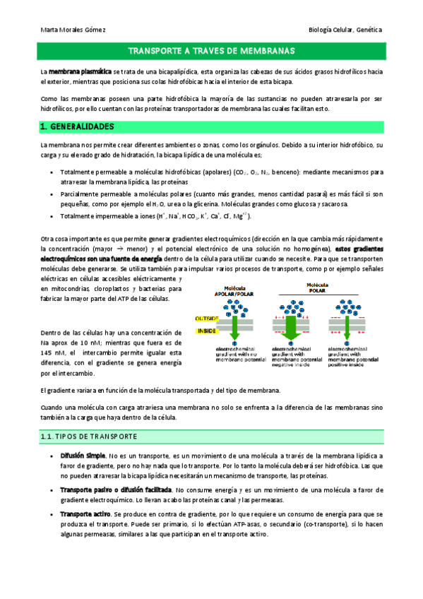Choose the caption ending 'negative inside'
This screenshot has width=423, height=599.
[x=290, y=355]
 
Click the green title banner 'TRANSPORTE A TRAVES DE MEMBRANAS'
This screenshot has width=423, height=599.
[x=211, y=52]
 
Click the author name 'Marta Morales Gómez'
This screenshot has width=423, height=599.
[x=68, y=30]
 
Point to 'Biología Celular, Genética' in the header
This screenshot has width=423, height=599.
[x=346, y=30]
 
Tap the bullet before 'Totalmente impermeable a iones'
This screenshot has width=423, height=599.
[x=54, y=217]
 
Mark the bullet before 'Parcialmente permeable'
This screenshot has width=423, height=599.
[x=54, y=193]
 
